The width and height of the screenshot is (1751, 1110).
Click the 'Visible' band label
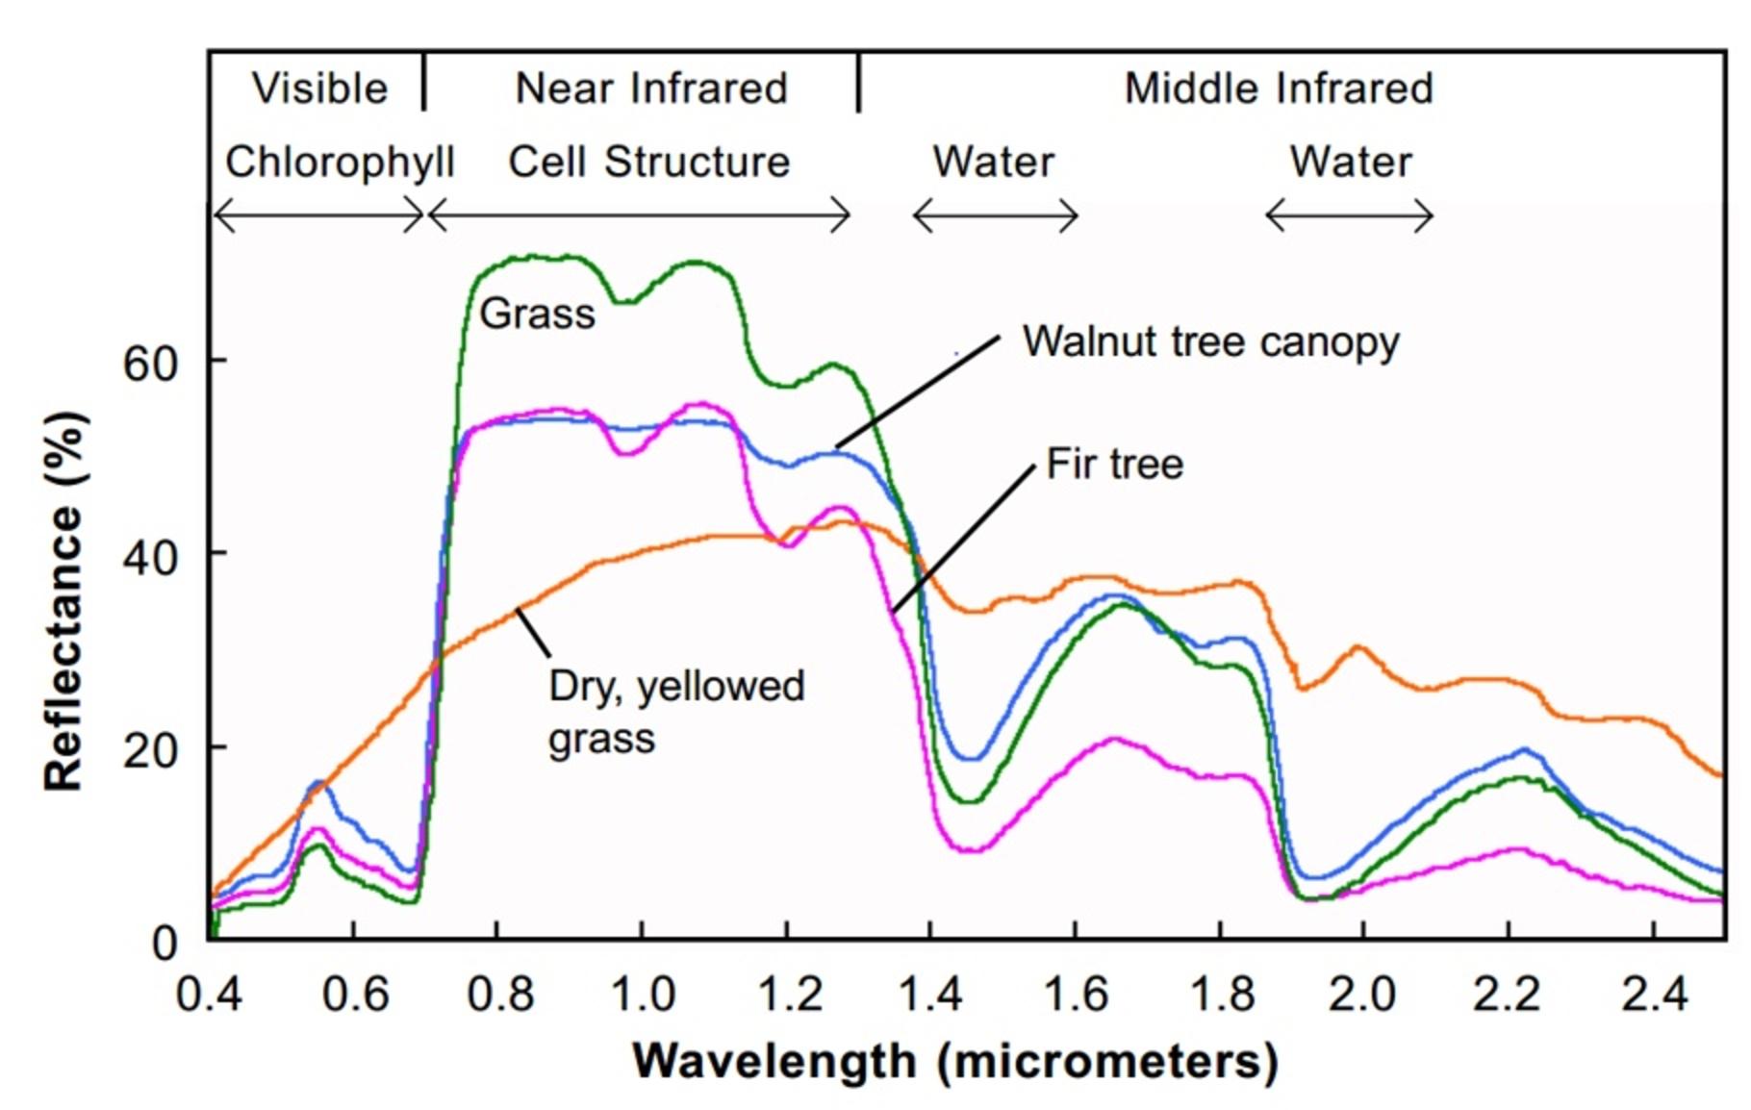(x=319, y=88)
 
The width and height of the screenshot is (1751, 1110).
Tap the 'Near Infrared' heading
(x=651, y=88)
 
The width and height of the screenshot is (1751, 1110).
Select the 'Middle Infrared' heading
(x=1279, y=88)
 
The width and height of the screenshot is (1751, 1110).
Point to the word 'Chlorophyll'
(x=339, y=162)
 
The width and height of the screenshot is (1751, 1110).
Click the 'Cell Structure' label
(x=648, y=162)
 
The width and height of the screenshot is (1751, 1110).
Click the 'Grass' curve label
(x=537, y=314)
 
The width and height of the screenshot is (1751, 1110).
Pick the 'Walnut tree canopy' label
(x=1210, y=342)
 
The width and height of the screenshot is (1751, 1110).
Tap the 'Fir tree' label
(x=1114, y=465)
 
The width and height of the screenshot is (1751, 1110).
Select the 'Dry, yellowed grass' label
(x=675, y=712)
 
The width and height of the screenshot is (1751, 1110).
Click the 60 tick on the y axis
(x=150, y=364)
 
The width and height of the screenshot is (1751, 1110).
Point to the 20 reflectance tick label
(x=150, y=749)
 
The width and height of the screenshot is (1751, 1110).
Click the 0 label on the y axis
(x=165, y=943)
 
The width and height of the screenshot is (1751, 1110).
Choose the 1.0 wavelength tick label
(x=643, y=993)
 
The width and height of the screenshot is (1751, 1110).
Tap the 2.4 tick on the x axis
(x=1654, y=993)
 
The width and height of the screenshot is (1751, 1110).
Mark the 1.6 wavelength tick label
(x=1076, y=993)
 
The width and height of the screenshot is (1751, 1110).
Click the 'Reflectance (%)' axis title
(x=64, y=601)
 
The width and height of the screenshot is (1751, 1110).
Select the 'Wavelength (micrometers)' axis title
(x=954, y=1062)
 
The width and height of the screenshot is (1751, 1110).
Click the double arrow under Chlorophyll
(x=318, y=214)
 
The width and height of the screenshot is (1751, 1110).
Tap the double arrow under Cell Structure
(x=639, y=214)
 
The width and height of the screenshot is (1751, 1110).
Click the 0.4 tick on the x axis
(x=209, y=993)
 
